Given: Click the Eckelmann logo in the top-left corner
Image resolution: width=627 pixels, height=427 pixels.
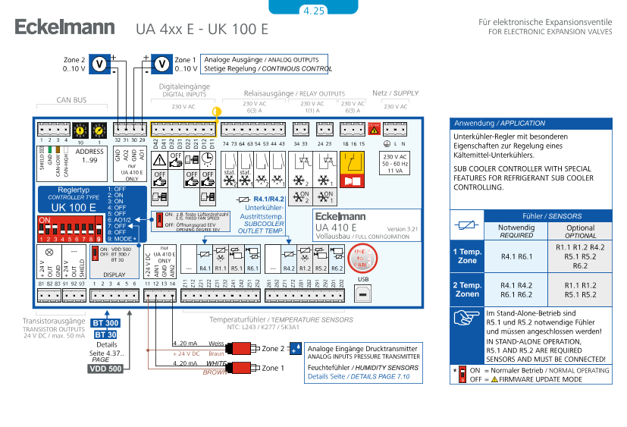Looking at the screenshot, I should [64, 28].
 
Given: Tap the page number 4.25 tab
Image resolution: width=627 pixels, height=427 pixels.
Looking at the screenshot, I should [313, 10].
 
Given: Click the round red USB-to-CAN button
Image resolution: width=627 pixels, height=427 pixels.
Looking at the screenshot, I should [363, 259].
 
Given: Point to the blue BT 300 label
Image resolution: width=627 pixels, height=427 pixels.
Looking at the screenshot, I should [105, 323].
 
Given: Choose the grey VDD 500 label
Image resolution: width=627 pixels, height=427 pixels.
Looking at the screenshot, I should [105, 369].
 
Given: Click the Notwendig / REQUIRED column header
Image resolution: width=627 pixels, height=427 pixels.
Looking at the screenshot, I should [516, 231].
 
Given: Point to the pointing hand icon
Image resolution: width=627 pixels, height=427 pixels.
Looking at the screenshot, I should [466, 319].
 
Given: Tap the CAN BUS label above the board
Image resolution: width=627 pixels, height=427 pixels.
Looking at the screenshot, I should [72, 99].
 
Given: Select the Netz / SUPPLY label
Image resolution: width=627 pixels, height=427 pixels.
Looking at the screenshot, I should [396, 93].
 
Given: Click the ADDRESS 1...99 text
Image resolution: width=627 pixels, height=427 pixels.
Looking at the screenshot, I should [89, 155].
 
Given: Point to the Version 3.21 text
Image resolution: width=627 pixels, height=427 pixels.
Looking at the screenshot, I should [402, 229].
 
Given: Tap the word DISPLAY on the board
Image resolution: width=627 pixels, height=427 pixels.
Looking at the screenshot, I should [114, 275].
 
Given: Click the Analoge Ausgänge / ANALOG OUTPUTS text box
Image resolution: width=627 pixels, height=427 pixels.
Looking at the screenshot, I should [265, 64].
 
